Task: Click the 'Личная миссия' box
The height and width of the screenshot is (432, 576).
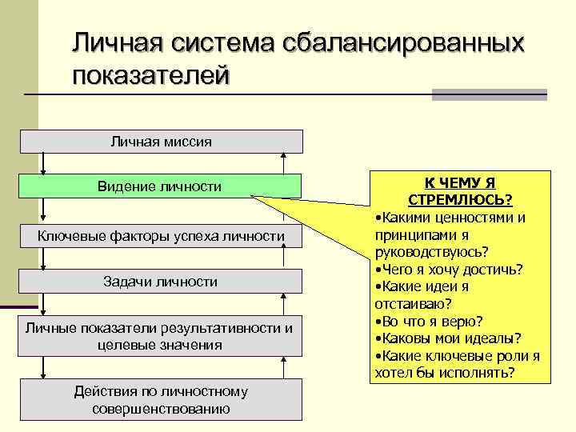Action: (161, 142)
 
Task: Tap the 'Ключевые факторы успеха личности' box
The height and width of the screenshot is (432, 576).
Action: (161, 236)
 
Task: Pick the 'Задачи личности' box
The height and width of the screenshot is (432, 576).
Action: (161, 282)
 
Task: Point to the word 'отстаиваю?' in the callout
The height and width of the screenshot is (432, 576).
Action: (413, 304)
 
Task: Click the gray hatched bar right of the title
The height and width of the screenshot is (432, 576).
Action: (489, 94)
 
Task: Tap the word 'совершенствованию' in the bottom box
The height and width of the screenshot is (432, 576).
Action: (161, 409)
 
